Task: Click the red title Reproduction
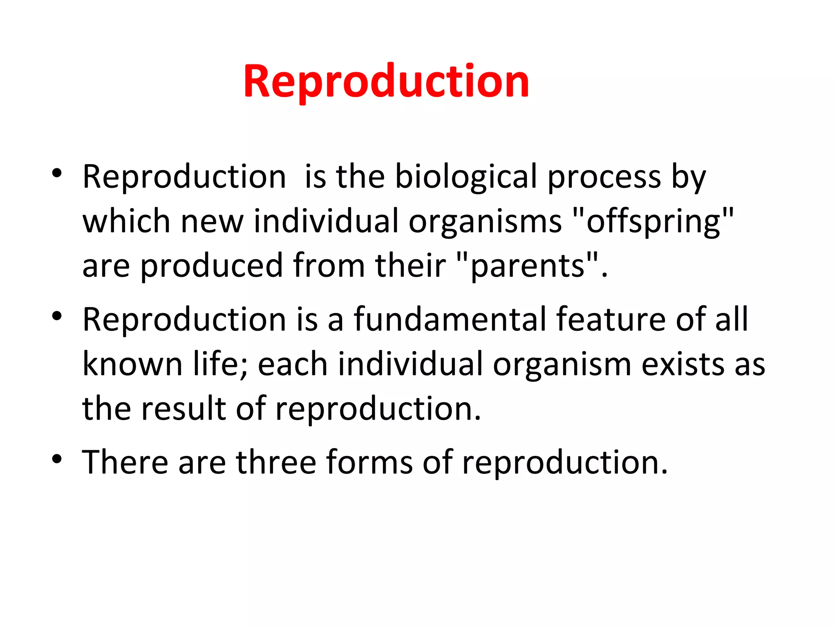tap(386, 82)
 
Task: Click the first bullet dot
tap(57, 173)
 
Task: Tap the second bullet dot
tap(57, 316)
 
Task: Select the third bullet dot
tap(57, 459)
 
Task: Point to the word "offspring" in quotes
tap(653, 222)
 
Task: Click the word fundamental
tap(450, 320)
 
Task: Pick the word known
tap(132, 364)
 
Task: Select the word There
tap(125, 462)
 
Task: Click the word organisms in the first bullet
tap(485, 222)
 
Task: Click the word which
tap(126, 222)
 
